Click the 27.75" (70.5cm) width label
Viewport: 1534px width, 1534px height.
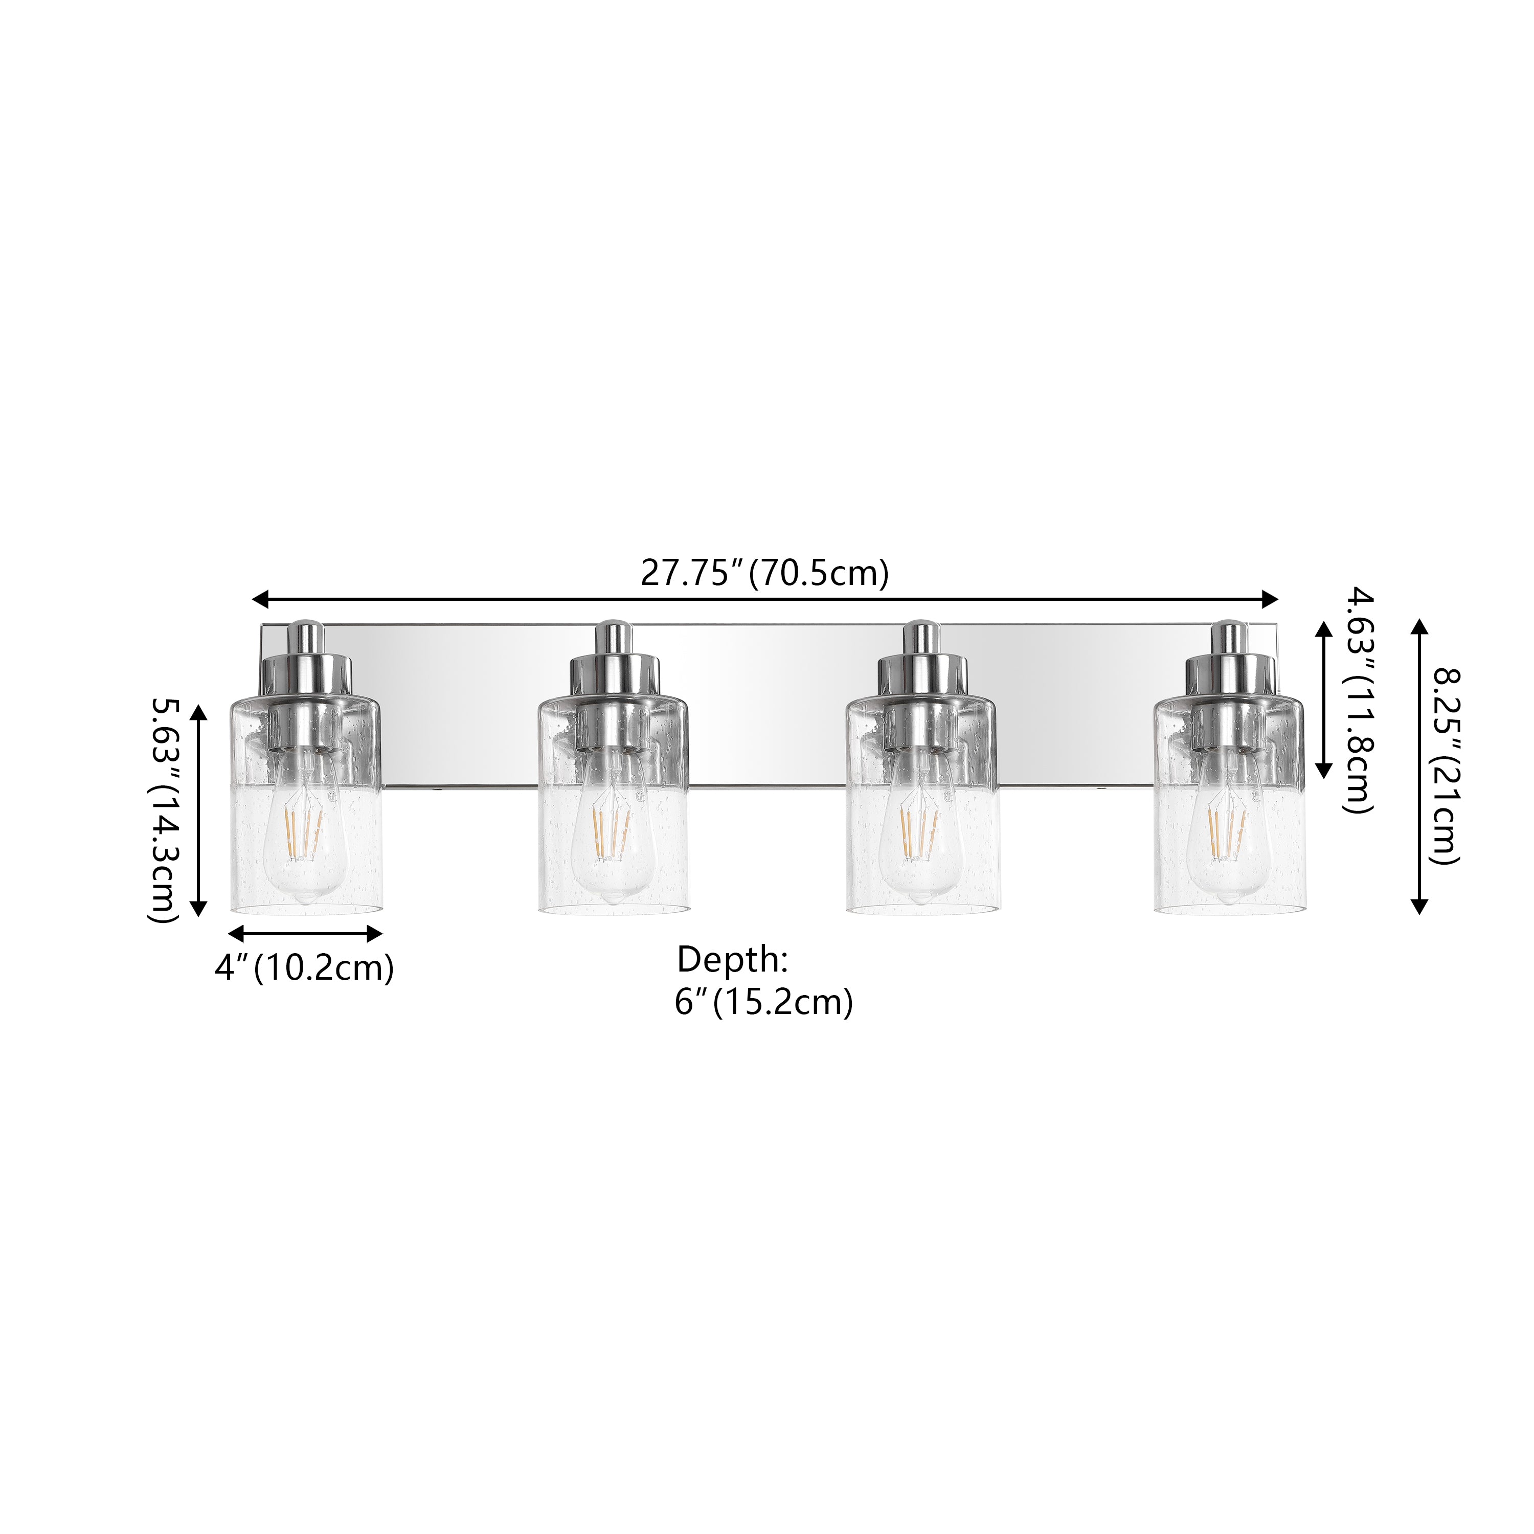point(764,573)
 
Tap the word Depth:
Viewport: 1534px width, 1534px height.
point(732,960)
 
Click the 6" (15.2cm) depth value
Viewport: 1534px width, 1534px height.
point(764,1002)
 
